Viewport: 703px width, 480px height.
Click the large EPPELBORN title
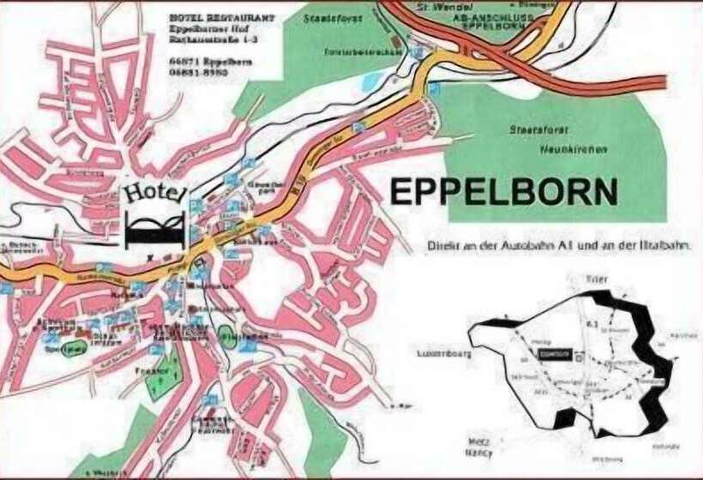pyautogui.click(x=503, y=191)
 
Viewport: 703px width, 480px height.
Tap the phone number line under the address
pyautogui.click(x=199, y=74)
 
